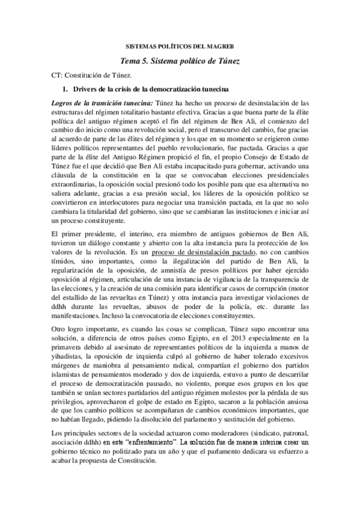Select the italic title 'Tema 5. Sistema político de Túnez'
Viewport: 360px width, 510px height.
(x=180, y=61)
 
